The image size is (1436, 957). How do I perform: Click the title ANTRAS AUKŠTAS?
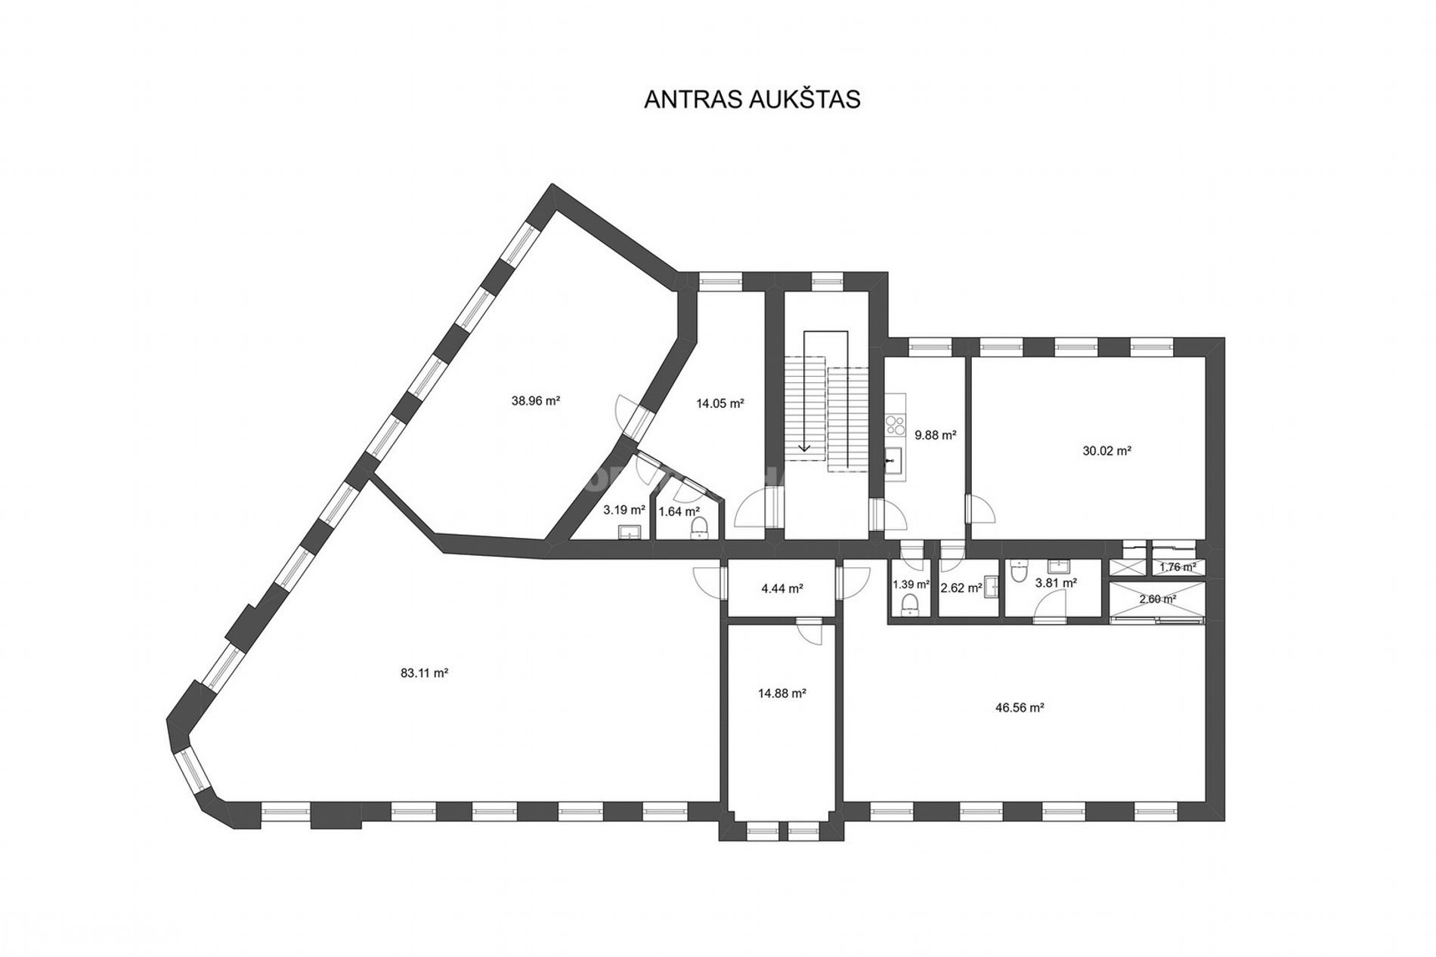(752, 100)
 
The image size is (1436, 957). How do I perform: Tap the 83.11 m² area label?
(425, 673)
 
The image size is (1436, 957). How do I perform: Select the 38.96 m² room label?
(536, 401)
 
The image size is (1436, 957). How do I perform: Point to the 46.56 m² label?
(1020, 708)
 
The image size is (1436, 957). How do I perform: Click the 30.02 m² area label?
(1106, 451)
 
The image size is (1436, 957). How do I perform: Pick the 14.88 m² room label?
(782, 693)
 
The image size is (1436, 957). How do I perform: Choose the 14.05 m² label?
(720, 403)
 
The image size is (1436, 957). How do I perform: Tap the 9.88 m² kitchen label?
(936, 435)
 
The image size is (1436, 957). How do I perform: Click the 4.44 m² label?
(782, 588)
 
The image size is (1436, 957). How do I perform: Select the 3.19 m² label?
(624, 510)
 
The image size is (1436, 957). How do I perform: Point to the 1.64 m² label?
(679, 511)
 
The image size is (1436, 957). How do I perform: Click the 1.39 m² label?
(911, 584)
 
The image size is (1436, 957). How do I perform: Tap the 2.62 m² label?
(961, 587)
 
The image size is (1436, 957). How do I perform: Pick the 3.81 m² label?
(1056, 582)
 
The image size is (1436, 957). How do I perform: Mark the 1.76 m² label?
(1178, 567)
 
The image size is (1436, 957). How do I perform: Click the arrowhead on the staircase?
(804, 448)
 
